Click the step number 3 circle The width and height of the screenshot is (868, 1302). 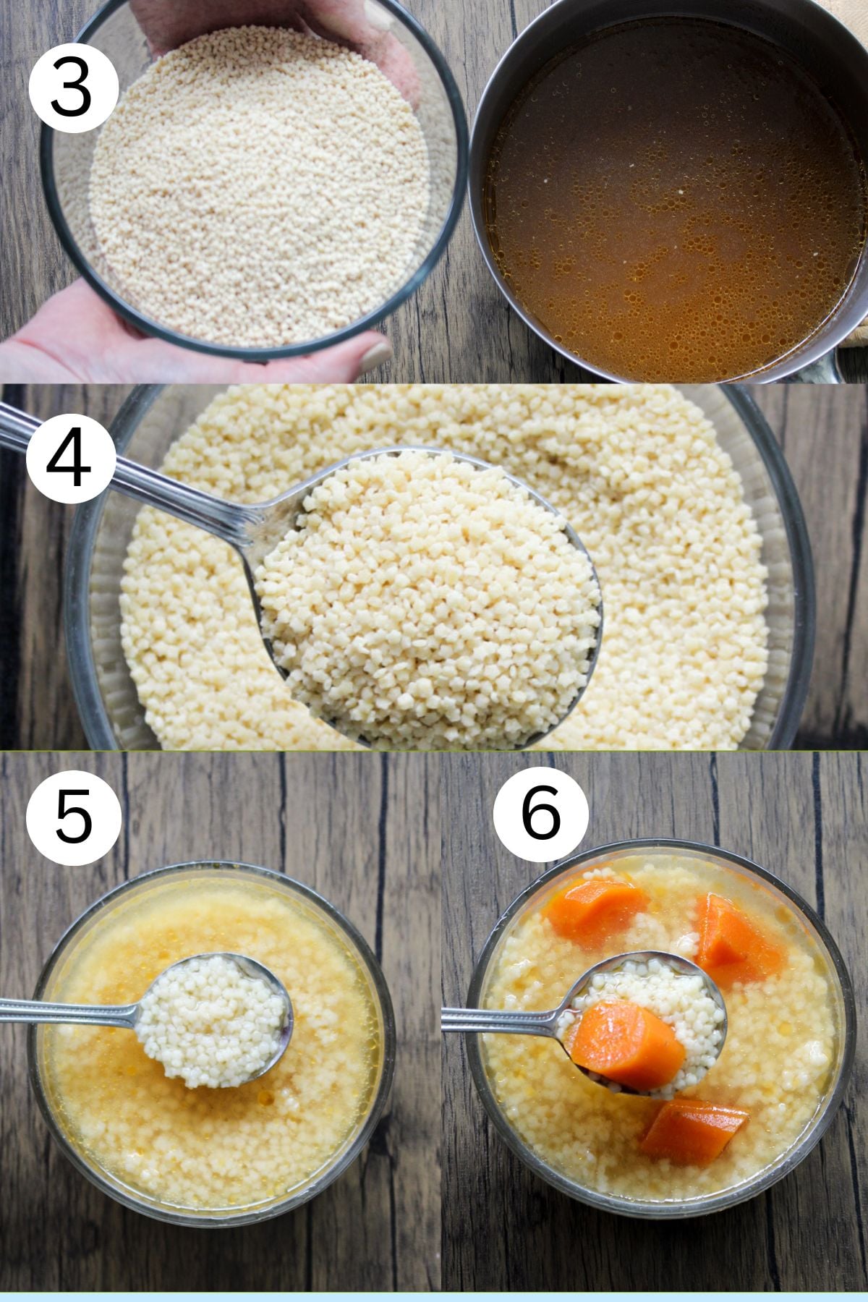[x=73, y=87]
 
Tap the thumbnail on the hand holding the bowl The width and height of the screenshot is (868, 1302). [x=375, y=355]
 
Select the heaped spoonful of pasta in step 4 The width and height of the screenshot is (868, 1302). [x=427, y=564]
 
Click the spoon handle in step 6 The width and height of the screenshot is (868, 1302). [x=499, y=1022]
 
